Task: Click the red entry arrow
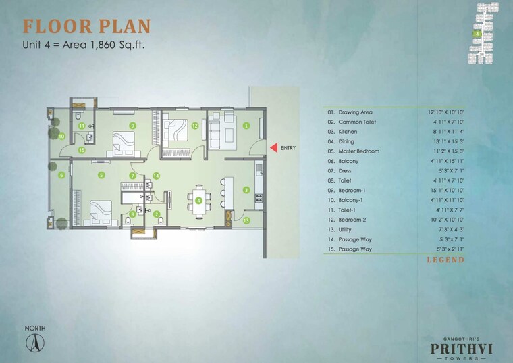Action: point(273,147)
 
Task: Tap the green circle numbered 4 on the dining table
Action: point(198,200)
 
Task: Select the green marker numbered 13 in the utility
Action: point(246,220)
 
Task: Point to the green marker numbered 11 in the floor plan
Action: point(81,126)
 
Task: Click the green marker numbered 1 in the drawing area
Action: point(246,125)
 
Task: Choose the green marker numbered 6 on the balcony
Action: point(61,176)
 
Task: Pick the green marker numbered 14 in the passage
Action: point(155,176)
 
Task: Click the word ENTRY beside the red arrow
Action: point(288,147)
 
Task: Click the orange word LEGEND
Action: point(445,260)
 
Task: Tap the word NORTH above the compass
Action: point(34,329)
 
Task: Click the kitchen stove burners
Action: point(257,199)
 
